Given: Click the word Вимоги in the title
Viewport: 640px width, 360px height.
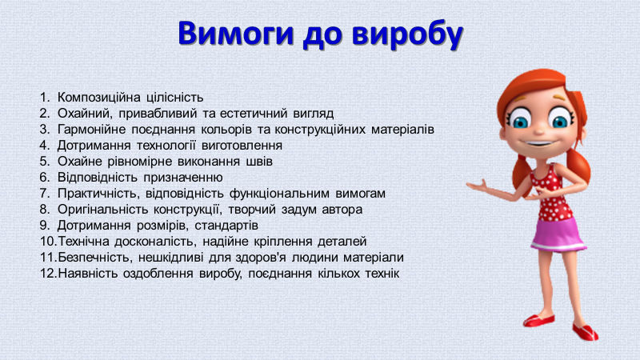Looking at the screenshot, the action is (x=236, y=33).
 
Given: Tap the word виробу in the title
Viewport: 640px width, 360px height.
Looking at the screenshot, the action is (x=407, y=34).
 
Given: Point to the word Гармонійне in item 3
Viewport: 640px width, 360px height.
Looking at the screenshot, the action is (x=91, y=130).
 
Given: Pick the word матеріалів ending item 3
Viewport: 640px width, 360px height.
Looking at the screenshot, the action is (x=402, y=130).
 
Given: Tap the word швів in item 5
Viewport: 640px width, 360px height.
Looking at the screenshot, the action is (x=259, y=162).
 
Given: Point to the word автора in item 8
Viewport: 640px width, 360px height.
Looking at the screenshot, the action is (x=342, y=210).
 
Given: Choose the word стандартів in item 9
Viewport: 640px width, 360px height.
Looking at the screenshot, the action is (x=226, y=226).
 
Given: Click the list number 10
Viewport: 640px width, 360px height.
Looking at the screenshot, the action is (x=48, y=242).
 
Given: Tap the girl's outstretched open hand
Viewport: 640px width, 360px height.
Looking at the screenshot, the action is (x=478, y=186).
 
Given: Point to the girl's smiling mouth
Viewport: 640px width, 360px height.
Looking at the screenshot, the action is (x=539, y=144).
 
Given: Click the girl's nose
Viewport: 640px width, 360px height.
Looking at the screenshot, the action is (x=538, y=130).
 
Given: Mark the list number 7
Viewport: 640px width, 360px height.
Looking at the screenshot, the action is (x=45, y=193).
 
